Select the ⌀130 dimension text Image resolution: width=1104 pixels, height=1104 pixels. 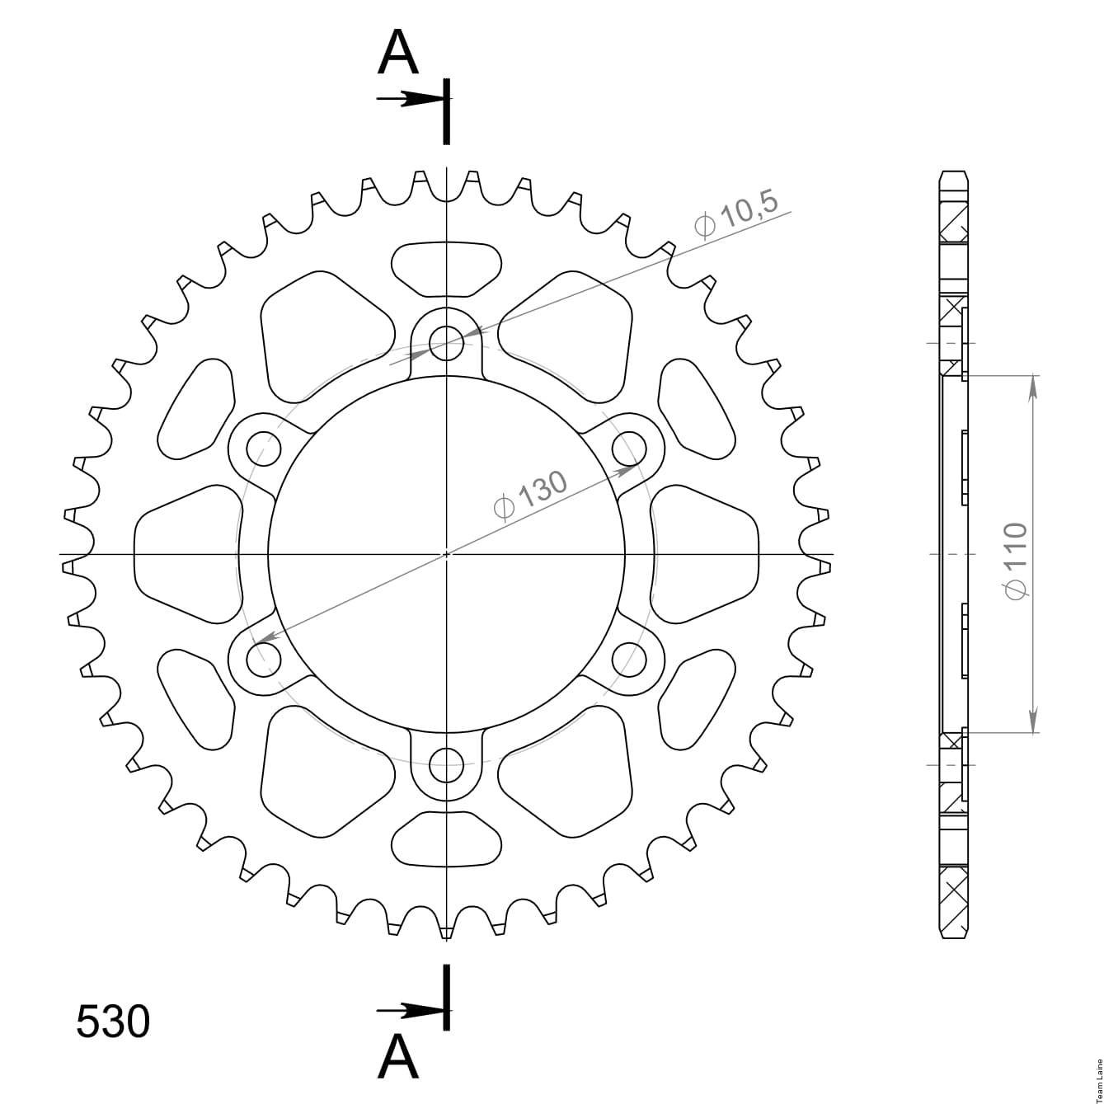530,496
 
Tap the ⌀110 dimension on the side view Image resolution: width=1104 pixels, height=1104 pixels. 1015,561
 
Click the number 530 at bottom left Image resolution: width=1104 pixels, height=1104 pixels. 113,1021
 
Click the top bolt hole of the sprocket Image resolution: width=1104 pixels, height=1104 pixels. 446,343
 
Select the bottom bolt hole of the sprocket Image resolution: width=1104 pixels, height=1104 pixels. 446,766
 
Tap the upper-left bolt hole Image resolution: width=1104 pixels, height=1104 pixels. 264,448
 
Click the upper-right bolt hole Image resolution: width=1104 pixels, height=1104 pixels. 630,448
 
